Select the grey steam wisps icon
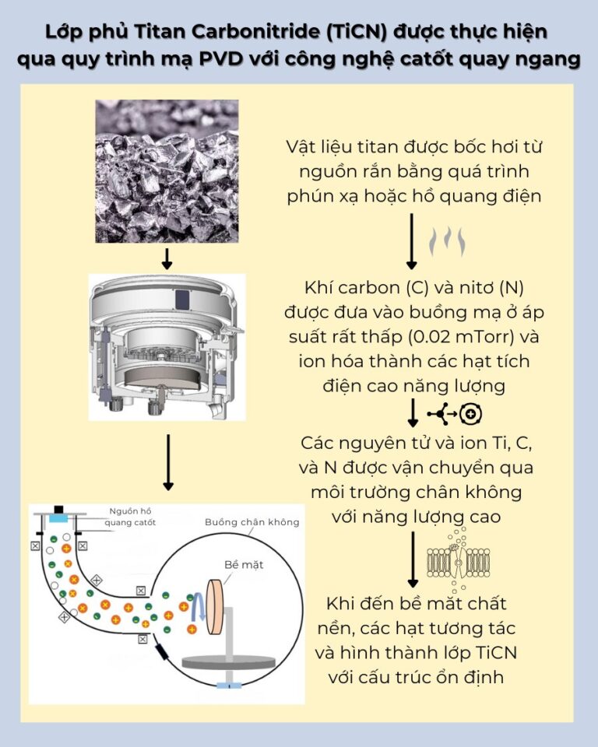coord(448,241)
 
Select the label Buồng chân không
coord(251,521)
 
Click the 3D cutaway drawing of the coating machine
coord(167,346)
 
